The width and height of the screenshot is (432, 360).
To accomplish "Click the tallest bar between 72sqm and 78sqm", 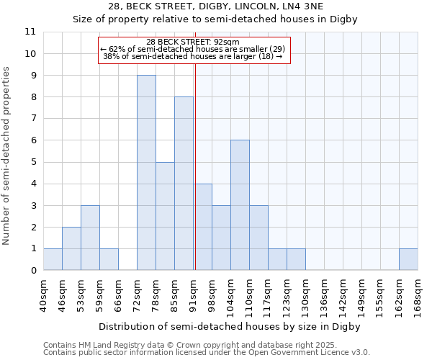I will pos(146,173).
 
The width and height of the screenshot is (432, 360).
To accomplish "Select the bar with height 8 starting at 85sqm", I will pos(184,184).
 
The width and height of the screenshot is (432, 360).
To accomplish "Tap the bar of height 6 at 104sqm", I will pos(240,205).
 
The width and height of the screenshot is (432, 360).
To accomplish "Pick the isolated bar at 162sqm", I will pos(408,259).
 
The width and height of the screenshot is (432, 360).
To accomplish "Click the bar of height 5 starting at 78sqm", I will pos(165,216).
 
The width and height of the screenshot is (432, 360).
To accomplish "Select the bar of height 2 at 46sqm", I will pos(71,248).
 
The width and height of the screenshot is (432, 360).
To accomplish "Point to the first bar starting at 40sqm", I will pos(53,259).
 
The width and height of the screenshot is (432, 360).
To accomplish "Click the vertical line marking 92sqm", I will pos(195,166).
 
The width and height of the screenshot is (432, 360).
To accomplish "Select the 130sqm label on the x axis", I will pos(306,294).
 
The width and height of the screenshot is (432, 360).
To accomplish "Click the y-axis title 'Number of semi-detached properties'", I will pos(7,156).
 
